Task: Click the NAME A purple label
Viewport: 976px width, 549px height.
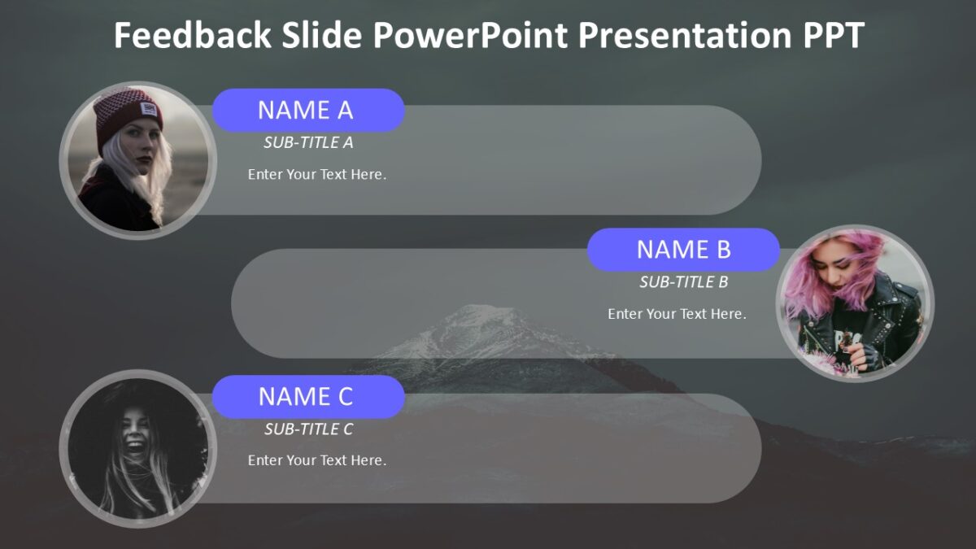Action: click(x=307, y=110)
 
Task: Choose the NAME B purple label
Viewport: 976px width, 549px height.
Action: click(x=683, y=250)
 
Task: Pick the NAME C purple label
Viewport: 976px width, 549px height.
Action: click(x=307, y=396)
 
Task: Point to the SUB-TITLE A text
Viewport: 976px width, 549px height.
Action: click(x=308, y=143)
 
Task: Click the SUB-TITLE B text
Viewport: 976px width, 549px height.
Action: click(x=683, y=282)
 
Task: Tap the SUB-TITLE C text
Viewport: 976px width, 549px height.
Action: click(x=308, y=429)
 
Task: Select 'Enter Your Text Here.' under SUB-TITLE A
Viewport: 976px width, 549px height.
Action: click(x=316, y=174)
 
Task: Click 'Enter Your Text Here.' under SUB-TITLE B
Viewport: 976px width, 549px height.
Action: click(x=677, y=314)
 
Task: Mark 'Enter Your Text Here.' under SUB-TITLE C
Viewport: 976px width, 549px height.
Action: click(x=316, y=460)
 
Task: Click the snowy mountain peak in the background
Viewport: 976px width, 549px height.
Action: click(x=480, y=321)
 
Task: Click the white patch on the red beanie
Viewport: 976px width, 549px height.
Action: click(x=149, y=107)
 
